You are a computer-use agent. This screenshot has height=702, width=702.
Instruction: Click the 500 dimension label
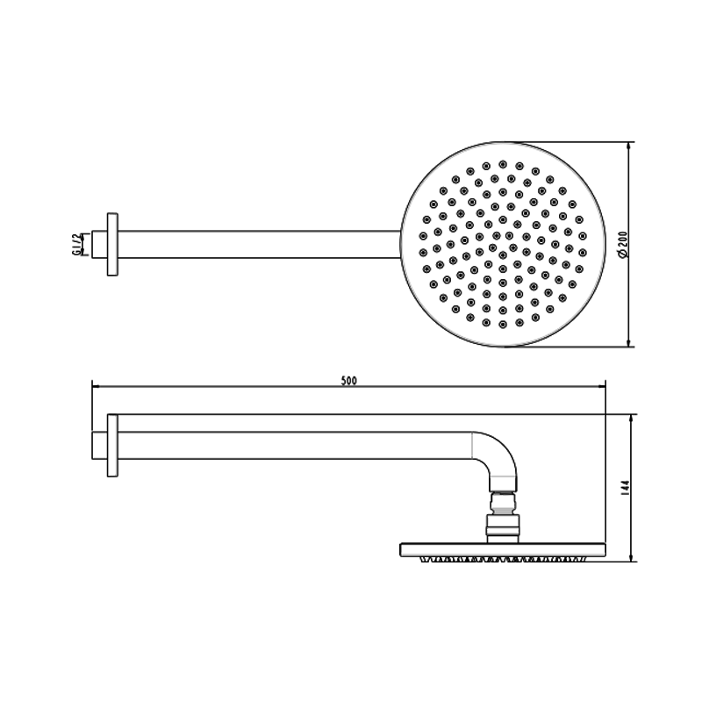tap(348, 380)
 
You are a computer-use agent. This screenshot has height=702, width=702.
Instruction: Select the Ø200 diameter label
tap(622, 244)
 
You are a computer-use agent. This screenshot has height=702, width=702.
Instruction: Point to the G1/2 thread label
tap(77, 244)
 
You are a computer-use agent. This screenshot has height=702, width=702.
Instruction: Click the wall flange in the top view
tap(111, 244)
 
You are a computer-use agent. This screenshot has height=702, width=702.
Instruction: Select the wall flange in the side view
tap(111, 446)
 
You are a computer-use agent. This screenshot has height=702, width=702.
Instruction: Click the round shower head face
tap(503, 244)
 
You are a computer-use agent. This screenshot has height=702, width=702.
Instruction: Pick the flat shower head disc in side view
tap(503, 549)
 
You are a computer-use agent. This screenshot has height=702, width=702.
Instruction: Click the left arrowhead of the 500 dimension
tap(97, 385)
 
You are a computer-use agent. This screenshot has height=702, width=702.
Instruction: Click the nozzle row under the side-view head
tap(503, 559)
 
